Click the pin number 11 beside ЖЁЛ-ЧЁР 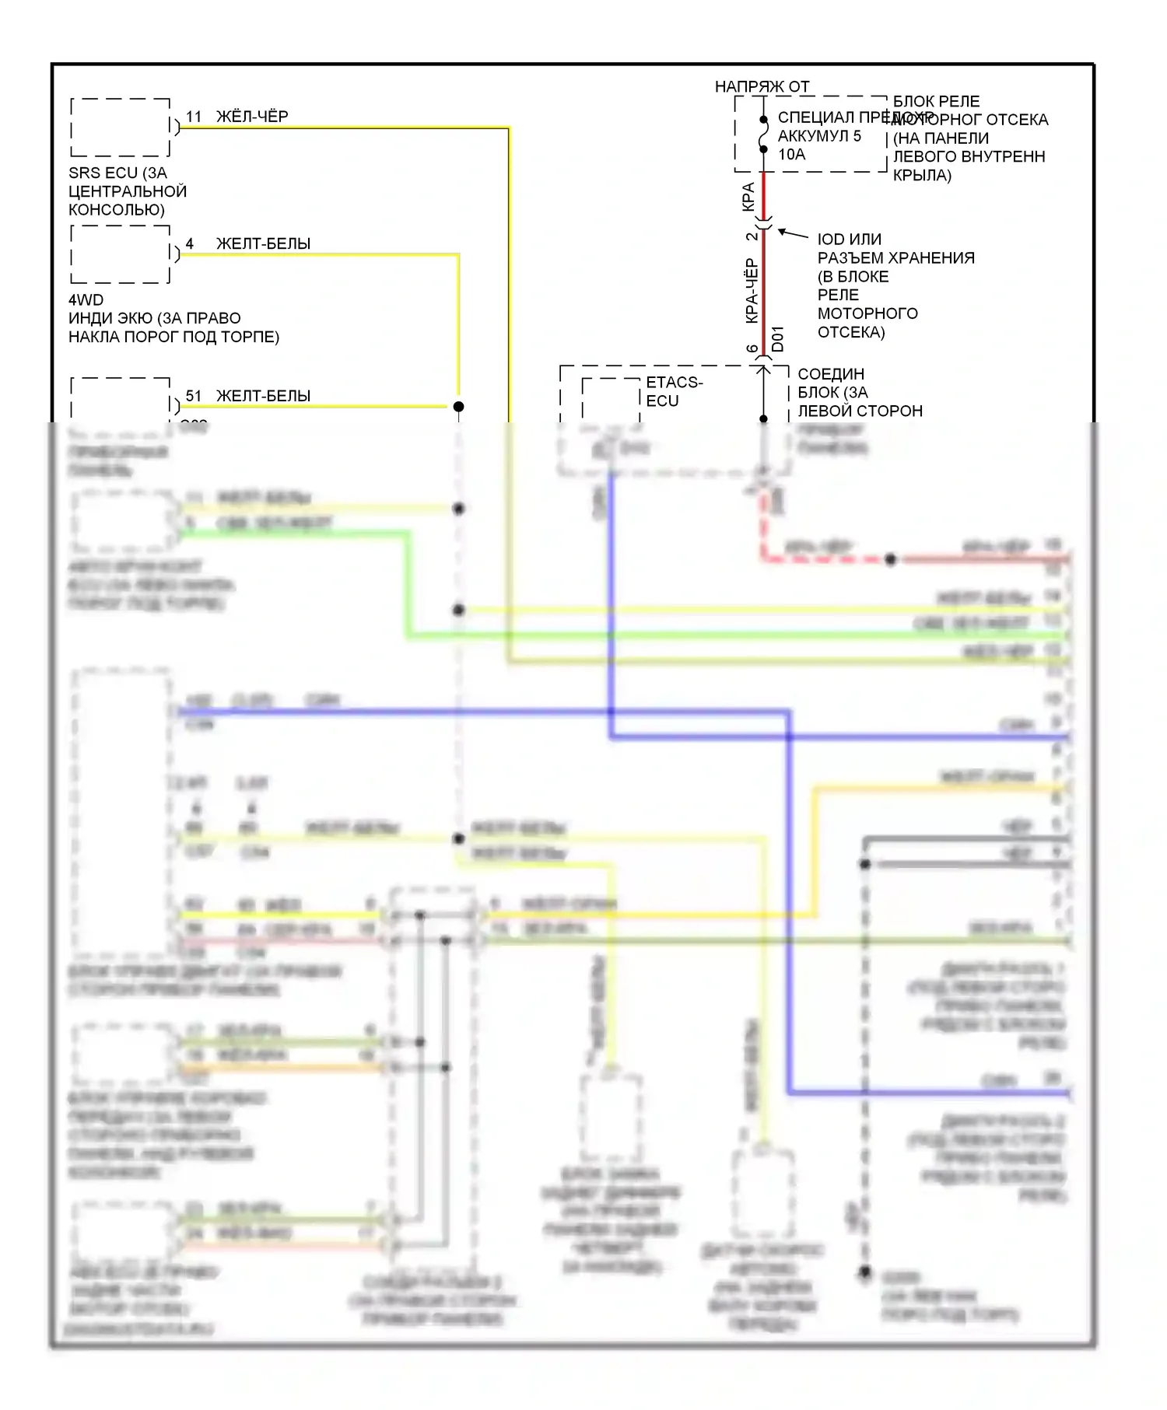(194, 117)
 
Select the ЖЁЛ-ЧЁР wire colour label (252, 117)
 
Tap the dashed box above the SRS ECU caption (121, 128)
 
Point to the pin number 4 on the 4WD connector (189, 243)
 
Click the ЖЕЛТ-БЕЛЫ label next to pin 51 (263, 396)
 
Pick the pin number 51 (194, 396)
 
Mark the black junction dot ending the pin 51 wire (459, 407)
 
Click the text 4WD (86, 299)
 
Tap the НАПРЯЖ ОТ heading (762, 86)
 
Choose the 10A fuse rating (792, 154)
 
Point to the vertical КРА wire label (748, 196)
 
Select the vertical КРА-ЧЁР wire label (752, 291)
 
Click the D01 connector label (778, 338)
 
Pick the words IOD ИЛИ (849, 239)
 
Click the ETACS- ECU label (673, 391)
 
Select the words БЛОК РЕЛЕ (936, 101)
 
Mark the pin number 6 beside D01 (752, 349)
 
